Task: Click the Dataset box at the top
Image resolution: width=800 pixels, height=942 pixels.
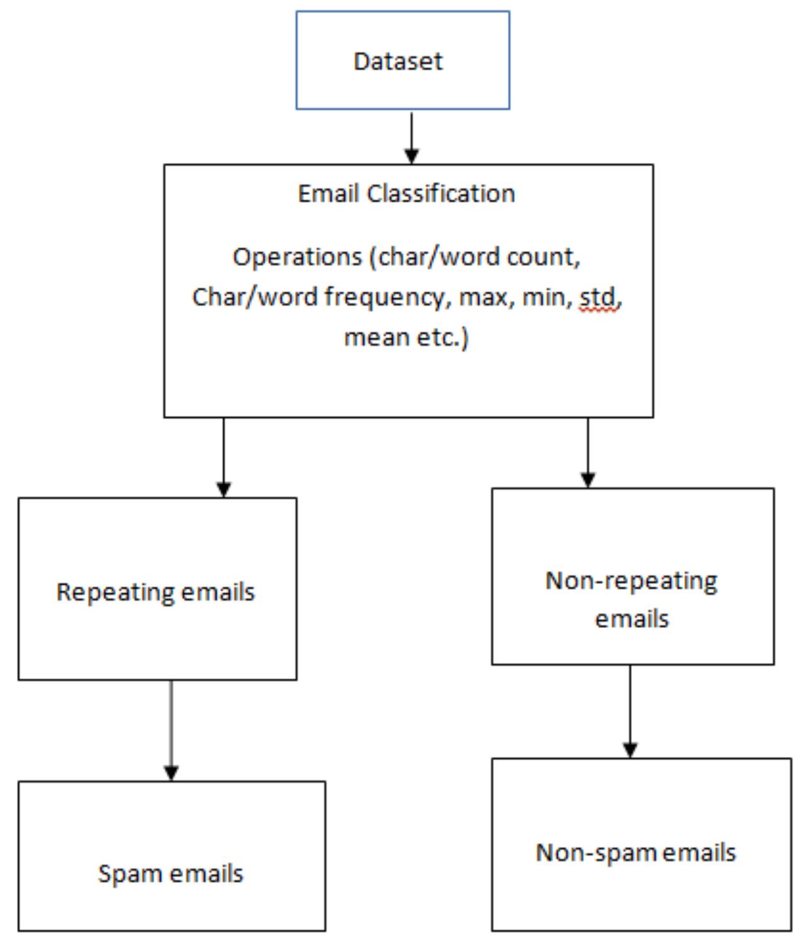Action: click(x=402, y=60)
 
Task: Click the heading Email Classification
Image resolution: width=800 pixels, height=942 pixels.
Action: click(x=406, y=194)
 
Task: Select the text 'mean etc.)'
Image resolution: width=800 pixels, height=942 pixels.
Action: click(x=406, y=337)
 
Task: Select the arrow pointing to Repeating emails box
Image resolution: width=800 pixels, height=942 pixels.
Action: click(x=223, y=457)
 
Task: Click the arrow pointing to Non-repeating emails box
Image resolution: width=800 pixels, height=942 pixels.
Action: click(x=588, y=452)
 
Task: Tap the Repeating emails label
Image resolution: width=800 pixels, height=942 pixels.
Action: click(x=155, y=592)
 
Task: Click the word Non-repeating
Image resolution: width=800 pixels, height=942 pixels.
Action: click(x=631, y=581)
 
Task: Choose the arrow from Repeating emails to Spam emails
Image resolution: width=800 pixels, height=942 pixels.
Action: click(x=171, y=730)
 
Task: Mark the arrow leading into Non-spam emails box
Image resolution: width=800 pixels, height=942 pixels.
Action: click(x=630, y=711)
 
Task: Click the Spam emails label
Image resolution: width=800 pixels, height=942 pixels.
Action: click(x=171, y=874)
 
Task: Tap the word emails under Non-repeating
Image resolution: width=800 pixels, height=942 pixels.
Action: click(x=632, y=619)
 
